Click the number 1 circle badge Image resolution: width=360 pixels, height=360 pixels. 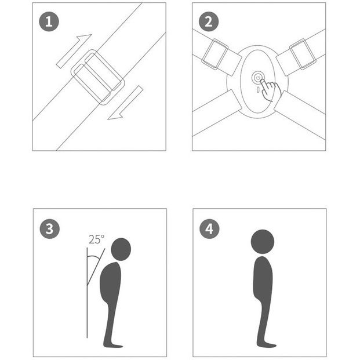tap(49, 22)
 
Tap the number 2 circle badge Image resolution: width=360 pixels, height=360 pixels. tap(209, 22)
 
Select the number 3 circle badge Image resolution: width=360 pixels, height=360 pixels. tap(50, 229)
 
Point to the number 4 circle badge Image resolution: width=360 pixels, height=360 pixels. tap(209, 229)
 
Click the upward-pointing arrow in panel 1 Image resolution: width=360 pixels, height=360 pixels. tap(74, 51)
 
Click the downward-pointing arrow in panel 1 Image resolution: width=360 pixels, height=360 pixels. tap(125, 103)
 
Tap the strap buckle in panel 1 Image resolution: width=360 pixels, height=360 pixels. tap(97, 77)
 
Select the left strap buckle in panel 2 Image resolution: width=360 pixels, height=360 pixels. tap(215, 54)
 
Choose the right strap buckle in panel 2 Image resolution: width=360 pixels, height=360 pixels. tap(303, 54)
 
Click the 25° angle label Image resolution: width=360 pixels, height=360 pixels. tap(96, 239)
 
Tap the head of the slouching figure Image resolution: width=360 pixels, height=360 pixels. tap(121, 249)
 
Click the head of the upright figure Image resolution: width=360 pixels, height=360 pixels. tap(263, 242)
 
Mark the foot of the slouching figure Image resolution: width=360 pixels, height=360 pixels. tap(114, 345)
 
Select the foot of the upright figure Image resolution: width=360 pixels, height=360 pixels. tap(266, 344)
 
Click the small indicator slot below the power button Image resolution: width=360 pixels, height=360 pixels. tap(258, 89)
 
